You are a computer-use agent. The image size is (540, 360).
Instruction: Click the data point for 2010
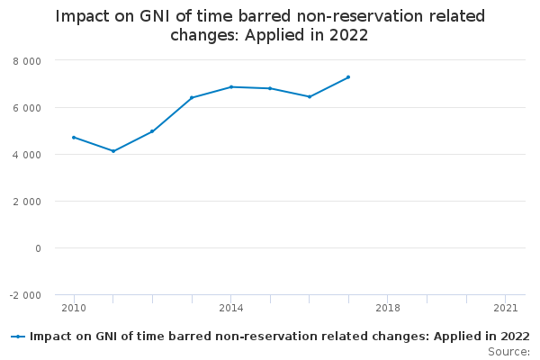74,137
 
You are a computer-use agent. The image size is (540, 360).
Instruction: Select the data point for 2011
113,151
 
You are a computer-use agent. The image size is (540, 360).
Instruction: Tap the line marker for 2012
152,131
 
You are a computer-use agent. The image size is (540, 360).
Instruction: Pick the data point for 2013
192,97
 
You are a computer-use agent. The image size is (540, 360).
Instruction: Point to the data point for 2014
231,86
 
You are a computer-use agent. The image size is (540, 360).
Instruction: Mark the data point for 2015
270,88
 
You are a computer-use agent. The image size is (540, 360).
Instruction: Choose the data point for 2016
310,96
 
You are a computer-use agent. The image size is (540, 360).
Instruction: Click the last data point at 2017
348,76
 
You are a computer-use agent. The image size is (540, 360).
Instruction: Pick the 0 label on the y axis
38,247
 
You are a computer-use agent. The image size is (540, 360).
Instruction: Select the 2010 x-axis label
74,308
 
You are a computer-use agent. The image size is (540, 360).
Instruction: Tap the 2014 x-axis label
231,308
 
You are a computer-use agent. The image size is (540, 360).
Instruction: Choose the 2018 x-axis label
388,308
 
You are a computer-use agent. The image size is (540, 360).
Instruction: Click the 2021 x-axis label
506,308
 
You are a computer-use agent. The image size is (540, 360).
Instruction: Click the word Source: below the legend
508,351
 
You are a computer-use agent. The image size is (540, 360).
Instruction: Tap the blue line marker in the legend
18,337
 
